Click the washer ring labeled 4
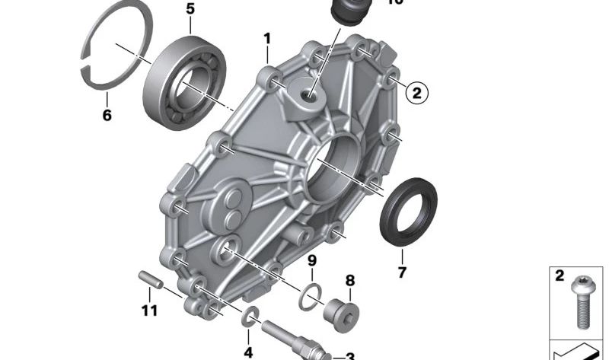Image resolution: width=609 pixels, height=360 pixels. tap(248, 318)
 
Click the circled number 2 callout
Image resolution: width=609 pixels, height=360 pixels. tap(416, 94)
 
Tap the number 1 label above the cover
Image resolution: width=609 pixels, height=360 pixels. tap(267, 37)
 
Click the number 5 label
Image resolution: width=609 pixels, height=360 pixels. tap(190, 9)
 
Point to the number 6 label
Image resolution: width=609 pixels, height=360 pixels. tap(107, 115)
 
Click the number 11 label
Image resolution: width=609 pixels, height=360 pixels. tap(149, 310)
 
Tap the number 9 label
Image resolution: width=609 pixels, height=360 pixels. tap(311, 261)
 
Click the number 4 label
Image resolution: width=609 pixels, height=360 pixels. tap(247, 352)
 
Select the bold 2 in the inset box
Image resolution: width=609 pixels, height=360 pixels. tap(560, 276)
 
